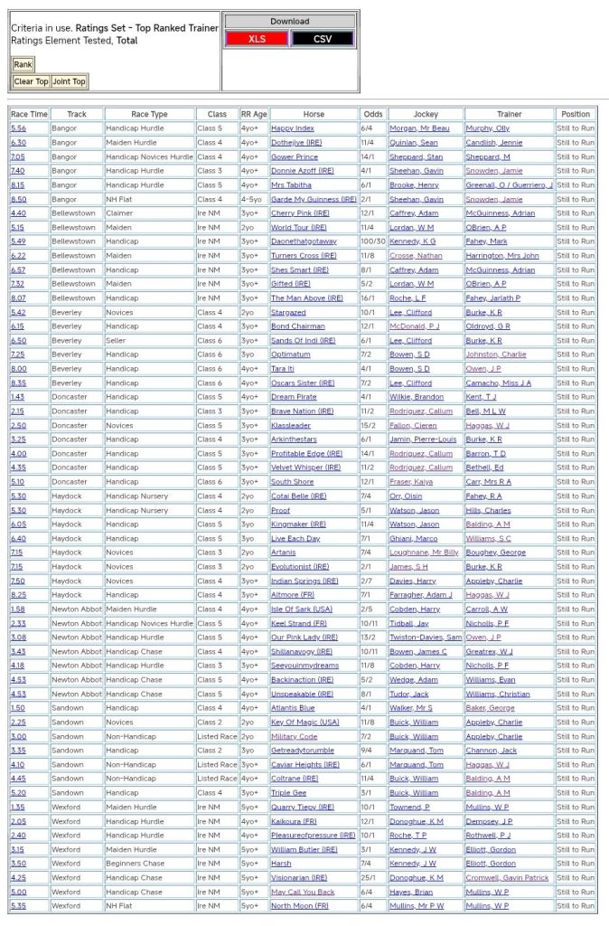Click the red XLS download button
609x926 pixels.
(258, 39)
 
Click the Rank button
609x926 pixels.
(23, 65)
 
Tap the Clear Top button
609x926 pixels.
(31, 81)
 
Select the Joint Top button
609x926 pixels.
(69, 81)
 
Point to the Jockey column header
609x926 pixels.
(426, 114)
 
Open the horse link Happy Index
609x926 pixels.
(293, 128)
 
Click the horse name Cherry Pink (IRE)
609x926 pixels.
(300, 213)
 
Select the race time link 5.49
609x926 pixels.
(18, 241)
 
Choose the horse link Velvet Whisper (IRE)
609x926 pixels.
(305, 468)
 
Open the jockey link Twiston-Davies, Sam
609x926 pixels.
(426, 638)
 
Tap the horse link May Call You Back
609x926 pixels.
(303, 892)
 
